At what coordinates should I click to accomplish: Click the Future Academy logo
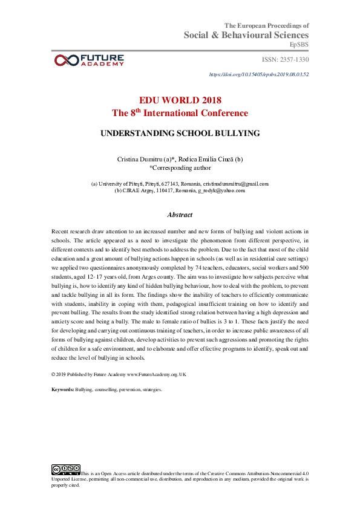point(90,59)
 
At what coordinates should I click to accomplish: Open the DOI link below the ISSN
point(259,74)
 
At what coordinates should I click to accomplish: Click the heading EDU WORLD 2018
point(180,100)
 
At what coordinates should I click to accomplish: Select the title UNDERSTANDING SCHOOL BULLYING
point(180,133)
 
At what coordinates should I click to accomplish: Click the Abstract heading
point(180,215)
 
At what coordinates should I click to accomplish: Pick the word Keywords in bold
point(63,390)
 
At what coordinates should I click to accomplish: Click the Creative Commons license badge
point(66,469)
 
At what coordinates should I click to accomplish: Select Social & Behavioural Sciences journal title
point(246,36)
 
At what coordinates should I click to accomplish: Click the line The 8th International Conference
point(180,113)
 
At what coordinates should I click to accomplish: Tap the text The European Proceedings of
point(267,25)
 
